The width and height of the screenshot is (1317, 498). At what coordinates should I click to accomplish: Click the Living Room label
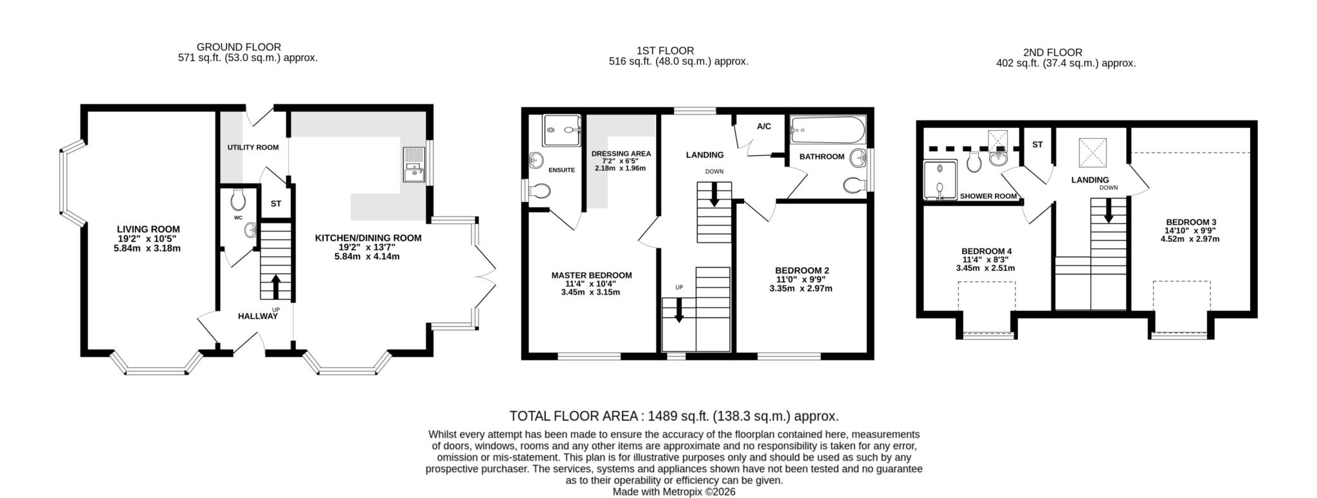(148, 229)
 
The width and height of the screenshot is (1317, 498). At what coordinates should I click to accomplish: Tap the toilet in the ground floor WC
(238, 200)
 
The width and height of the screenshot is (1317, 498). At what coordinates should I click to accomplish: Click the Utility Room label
(253, 147)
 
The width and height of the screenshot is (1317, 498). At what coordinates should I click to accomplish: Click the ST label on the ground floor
(276, 204)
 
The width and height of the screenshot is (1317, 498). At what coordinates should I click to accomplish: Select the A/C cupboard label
(763, 127)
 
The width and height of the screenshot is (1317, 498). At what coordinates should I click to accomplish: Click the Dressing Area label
(621, 154)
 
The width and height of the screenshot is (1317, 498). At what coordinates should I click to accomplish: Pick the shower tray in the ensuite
(561, 131)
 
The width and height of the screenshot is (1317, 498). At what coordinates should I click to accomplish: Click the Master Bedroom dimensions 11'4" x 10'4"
(591, 284)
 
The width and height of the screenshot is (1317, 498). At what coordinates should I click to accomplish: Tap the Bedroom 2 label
(801, 270)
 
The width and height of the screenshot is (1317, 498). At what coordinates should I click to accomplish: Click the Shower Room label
(988, 196)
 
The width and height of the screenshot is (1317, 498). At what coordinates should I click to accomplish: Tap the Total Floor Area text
(673, 416)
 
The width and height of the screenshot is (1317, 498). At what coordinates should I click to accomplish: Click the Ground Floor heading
(239, 47)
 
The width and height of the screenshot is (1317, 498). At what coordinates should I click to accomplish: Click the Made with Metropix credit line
(673, 492)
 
